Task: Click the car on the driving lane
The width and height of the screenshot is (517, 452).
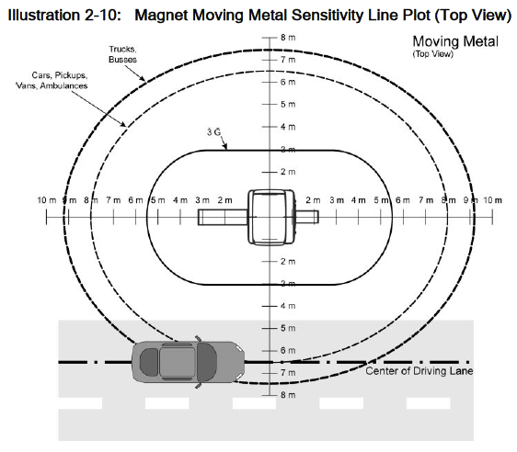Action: pyautogui.click(x=188, y=362)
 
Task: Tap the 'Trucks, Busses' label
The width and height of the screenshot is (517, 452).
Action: pyautogui.click(x=122, y=54)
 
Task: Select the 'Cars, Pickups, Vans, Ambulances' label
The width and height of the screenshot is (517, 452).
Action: pyautogui.click(x=52, y=80)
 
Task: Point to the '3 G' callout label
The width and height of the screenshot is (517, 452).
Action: pyautogui.click(x=213, y=132)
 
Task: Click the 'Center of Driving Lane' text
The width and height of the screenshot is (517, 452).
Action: pyautogui.click(x=419, y=371)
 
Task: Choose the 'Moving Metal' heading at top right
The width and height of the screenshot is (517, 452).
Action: pyautogui.click(x=455, y=42)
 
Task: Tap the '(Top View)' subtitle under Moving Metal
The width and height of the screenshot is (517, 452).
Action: pyautogui.click(x=432, y=54)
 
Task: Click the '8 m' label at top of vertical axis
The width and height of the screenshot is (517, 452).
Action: pyautogui.click(x=288, y=38)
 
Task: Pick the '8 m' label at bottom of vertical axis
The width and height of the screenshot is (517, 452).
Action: pyautogui.click(x=288, y=395)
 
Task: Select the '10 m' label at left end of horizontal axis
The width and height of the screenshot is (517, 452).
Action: pyautogui.click(x=47, y=200)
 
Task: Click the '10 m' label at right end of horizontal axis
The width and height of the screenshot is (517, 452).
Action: pyautogui.click(x=492, y=200)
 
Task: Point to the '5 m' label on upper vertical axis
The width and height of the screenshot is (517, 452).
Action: pyautogui.click(x=288, y=105)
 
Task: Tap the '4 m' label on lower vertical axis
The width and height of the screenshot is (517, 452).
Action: pyautogui.click(x=288, y=306)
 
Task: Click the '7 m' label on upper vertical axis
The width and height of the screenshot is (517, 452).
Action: pyautogui.click(x=288, y=60)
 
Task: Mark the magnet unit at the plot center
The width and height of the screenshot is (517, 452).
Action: pyautogui.click(x=271, y=218)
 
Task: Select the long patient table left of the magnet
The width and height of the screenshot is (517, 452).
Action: pyautogui.click(x=223, y=218)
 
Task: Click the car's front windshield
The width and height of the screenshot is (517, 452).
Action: pyautogui.click(x=207, y=362)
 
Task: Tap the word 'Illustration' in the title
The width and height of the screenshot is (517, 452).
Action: pyautogui.click(x=43, y=15)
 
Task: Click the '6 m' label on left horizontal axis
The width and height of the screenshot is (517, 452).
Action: pyautogui.click(x=135, y=200)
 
